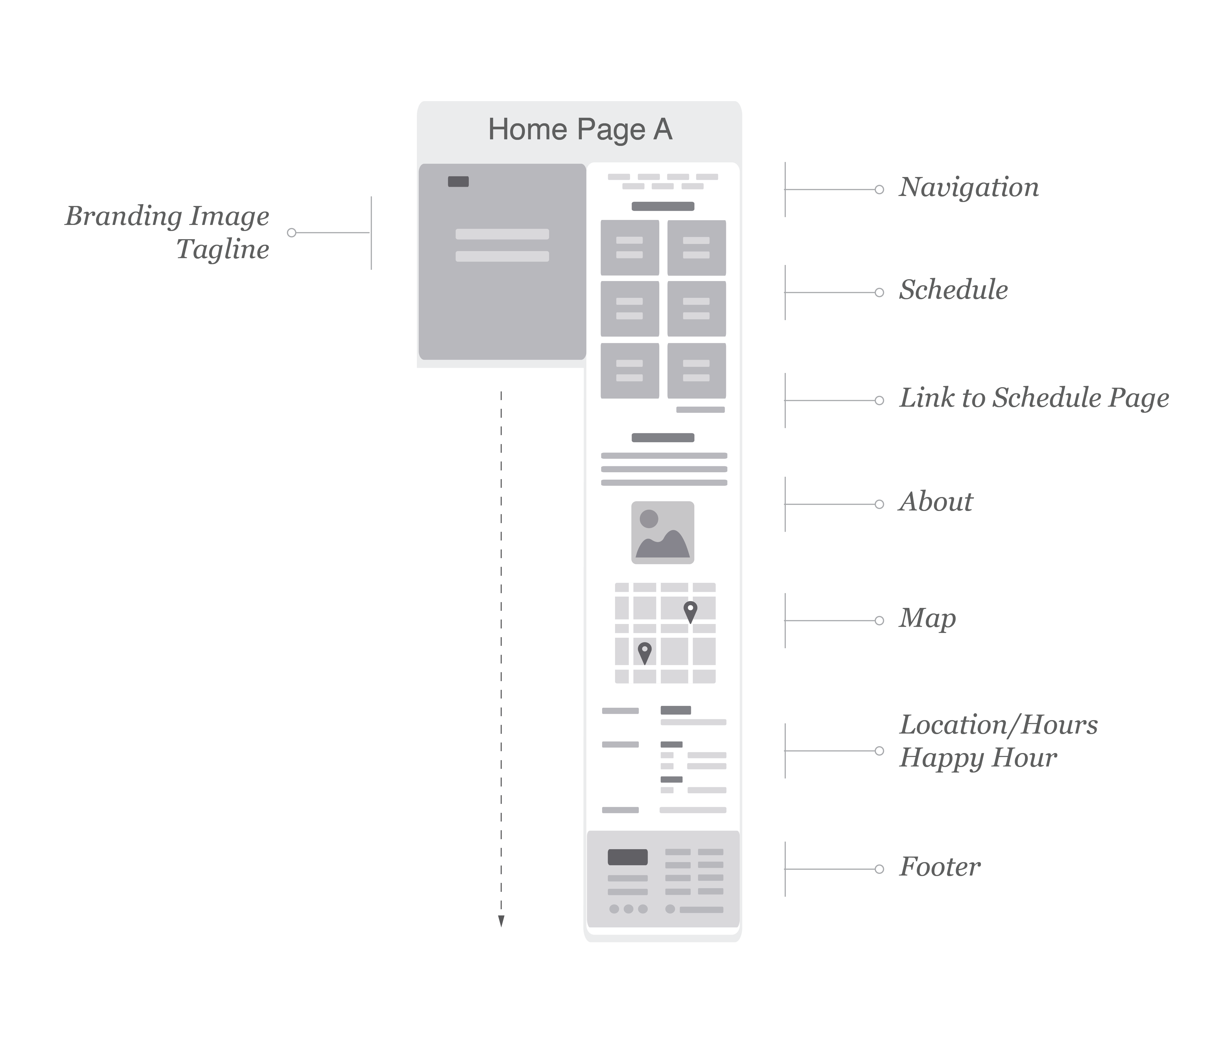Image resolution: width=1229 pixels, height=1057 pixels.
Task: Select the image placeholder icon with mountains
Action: click(x=662, y=532)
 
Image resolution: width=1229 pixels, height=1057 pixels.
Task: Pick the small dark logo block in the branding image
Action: click(x=459, y=181)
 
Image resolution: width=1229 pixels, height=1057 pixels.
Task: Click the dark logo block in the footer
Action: click(x=628, y=857)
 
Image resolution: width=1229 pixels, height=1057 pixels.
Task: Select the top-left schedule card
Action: click(x=630, y=248)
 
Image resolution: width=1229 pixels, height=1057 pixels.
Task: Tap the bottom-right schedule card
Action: click(x=696, y=371)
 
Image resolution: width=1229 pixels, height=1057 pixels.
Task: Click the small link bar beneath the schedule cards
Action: click(x=700, y=410)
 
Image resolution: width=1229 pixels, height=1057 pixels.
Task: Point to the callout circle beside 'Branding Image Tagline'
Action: click(x=291, y=233)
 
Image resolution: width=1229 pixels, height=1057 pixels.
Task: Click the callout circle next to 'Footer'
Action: click(x=880, y=869)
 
